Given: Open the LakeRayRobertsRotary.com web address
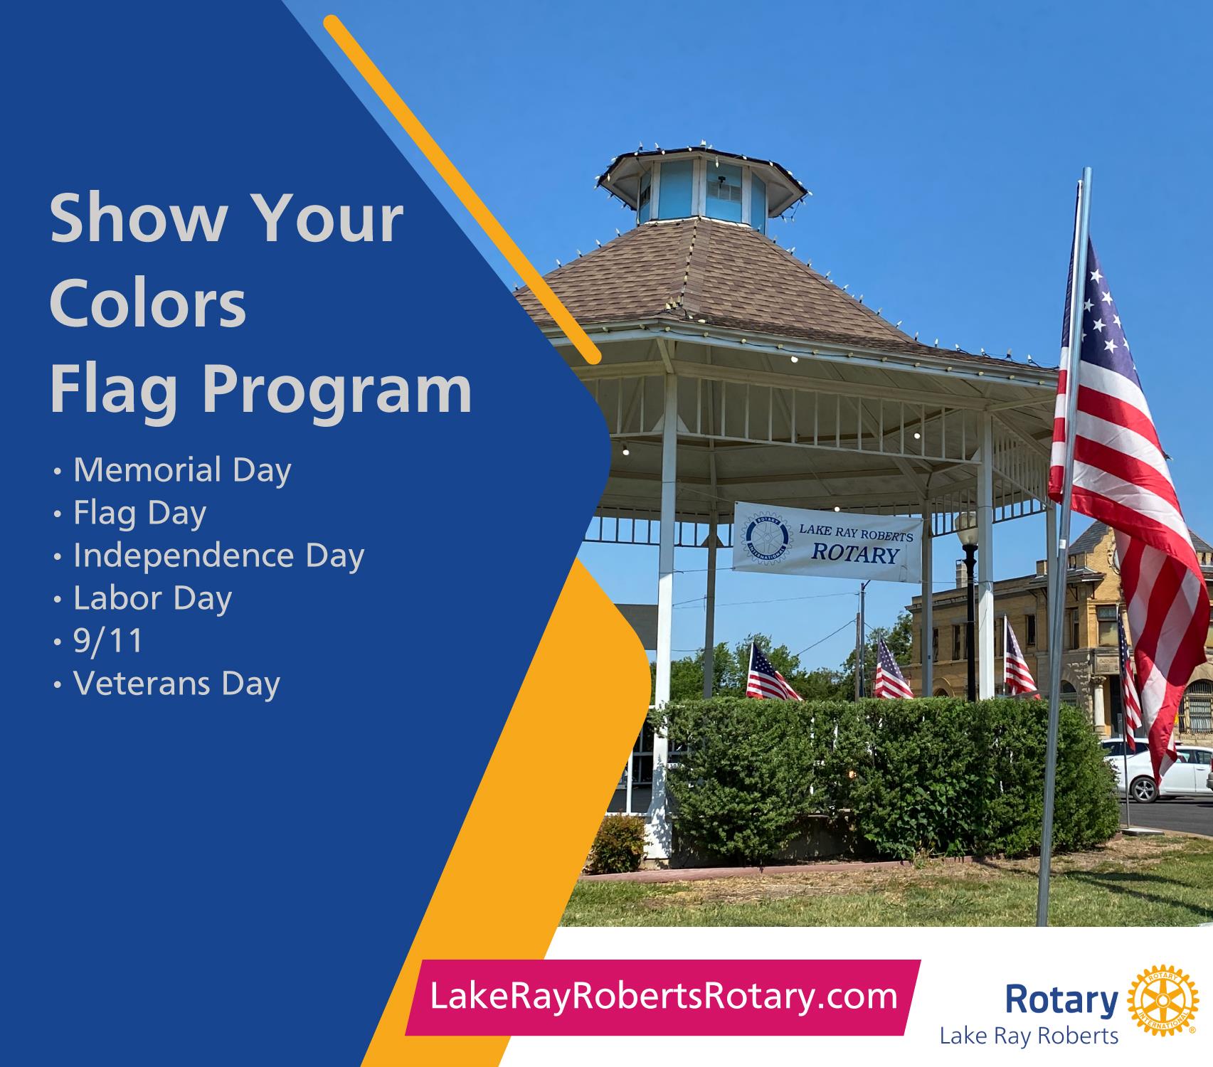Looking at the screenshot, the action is tap(664, 997).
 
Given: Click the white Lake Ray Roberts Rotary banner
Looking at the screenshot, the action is tap(827, 543).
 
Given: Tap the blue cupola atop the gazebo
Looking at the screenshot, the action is tap(702, 184).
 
